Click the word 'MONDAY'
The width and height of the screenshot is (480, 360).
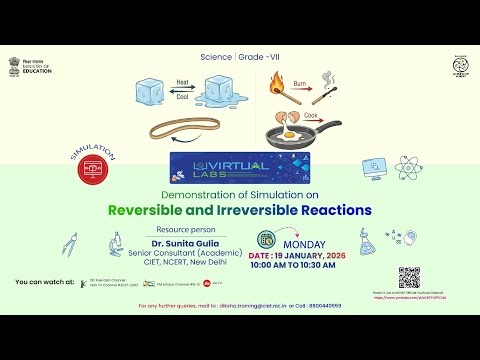click(x=306, y=242)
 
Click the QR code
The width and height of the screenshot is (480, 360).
click(x=409, y=278)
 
